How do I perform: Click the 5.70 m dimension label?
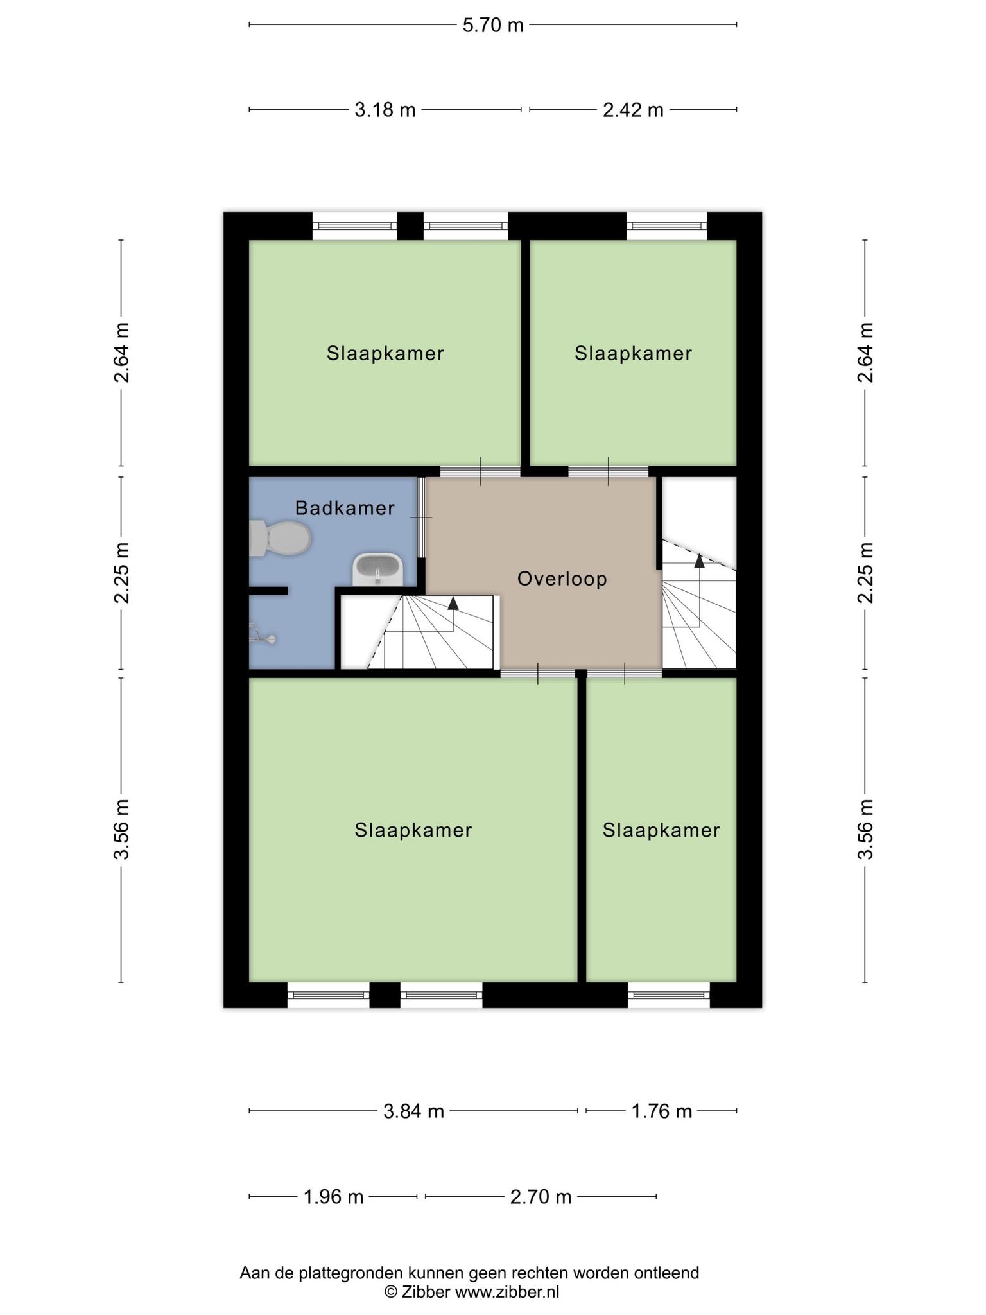[x=493, y=25]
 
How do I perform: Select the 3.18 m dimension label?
[x=385, y=110]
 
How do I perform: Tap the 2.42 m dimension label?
[x=633, y=110]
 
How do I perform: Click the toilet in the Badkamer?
[x=280, y=538]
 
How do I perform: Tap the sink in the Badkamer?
[x=378, y=569]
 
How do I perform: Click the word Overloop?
[x=562, y=579]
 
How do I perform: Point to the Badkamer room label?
[x=345, y=509]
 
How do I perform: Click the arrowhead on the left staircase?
[x=453, y=603]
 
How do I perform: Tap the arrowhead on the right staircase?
[x=699, y=561]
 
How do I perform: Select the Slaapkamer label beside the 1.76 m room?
[x=661, y=830]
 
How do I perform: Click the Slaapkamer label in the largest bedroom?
[x=413, y=830]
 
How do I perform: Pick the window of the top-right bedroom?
[x=666, y=226]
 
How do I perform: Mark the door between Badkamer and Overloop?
[x=421, y=518]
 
